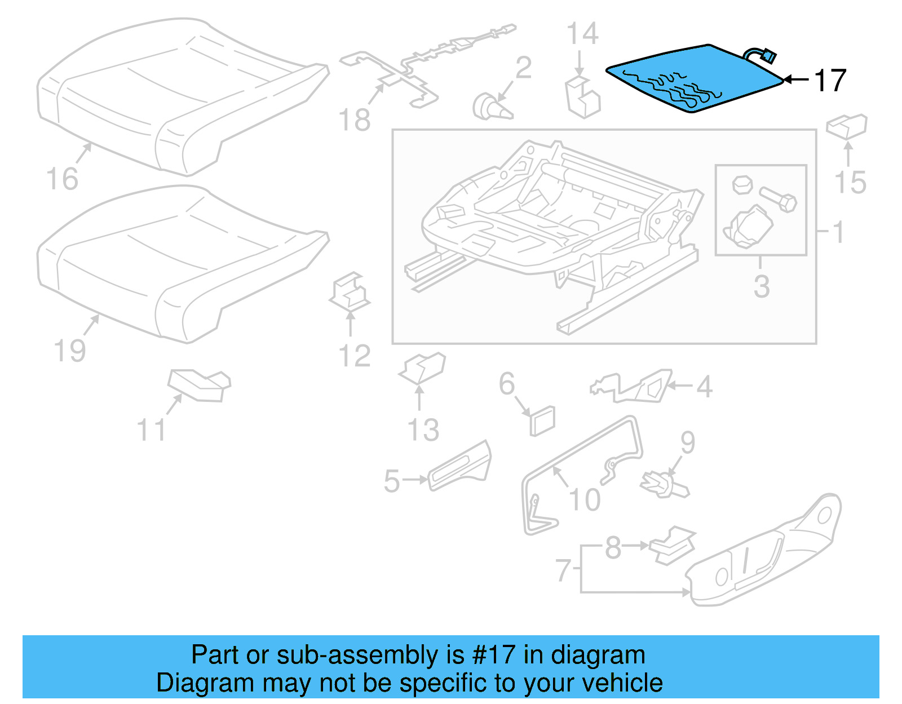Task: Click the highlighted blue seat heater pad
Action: [x=693, y=79]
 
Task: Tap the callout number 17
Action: [x=830, y=81]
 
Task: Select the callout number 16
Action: [x=62, y=179]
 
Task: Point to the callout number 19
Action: [x=70, y=351]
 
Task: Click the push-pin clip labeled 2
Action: [x=490, y=107]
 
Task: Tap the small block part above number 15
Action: [x=847, y=125]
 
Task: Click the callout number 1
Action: [x=838, y=232]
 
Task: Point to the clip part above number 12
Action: [x=350, y=292]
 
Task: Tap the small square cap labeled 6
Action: [x=542, y=420]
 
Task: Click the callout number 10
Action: [x=585, y=499]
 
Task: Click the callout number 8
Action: [x=613, y=547]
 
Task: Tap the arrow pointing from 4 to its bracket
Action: [x=680, y=386]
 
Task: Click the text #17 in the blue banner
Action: [x=494, y=655]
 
